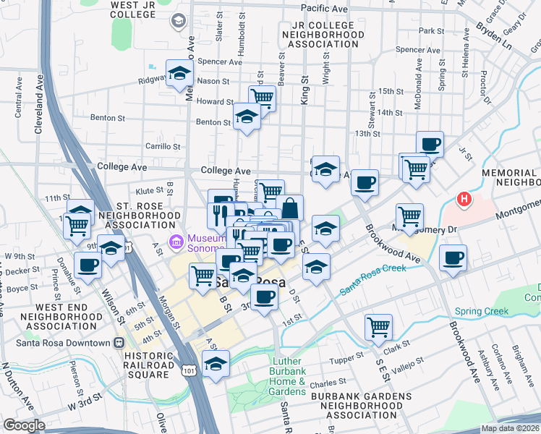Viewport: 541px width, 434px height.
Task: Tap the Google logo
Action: point(25,425)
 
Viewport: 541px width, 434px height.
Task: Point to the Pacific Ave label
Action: point(324,7)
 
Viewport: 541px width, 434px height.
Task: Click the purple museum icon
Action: point(174,240)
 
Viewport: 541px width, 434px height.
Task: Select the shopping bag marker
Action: point(289,208)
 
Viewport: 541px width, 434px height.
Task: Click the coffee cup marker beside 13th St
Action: point(430,143)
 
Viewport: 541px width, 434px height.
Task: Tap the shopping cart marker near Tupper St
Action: point(378,327)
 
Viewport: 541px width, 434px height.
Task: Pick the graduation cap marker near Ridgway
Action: point(179,73)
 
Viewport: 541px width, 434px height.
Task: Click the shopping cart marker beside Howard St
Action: point(262,97)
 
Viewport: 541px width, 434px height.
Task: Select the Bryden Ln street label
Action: point(495,37)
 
